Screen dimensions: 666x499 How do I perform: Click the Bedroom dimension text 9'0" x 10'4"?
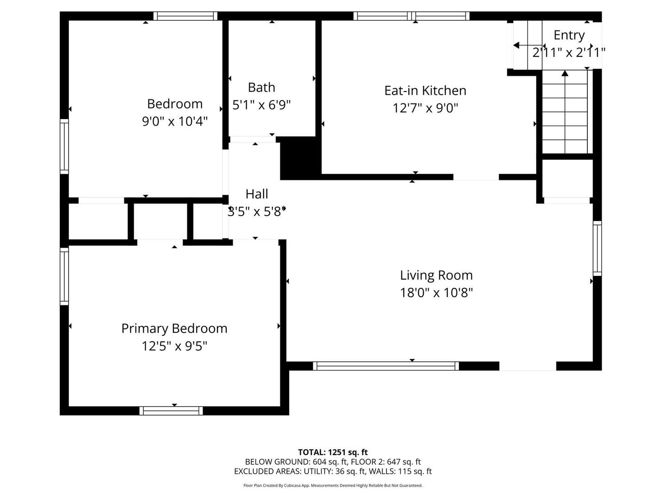[x=175, y=122]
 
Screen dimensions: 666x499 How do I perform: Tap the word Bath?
[x=262, y=88]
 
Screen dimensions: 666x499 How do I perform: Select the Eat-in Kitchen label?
[x=425, y=91]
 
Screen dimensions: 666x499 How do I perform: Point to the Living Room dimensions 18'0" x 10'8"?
[x=436, y=292]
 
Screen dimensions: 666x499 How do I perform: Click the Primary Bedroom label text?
[x=174, y=329]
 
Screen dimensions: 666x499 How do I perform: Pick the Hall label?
[x=257, y=194]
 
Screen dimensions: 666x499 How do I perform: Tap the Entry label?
[x=569, y=36]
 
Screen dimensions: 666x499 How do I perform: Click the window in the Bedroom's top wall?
[x=185, y=16]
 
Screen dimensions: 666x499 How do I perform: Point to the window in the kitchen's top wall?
[x=411, y=16]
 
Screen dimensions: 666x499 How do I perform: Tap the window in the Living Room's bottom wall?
[x=386, y=366]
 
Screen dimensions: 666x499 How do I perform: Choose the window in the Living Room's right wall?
[x=597, y=249]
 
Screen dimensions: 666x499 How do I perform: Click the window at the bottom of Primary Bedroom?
[x=171, y=411]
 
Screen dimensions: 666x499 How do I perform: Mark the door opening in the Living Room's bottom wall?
[x=528, y=366]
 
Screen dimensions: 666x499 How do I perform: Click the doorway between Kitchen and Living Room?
[x=476, y=177]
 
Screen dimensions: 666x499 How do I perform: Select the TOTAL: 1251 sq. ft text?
[x=333, y=452]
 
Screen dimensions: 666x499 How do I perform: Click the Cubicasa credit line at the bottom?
[x=333, y=485]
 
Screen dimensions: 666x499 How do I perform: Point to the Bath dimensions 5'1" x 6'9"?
[x=262, y=105]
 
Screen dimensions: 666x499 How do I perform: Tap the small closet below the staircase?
[x=567, y=178]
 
